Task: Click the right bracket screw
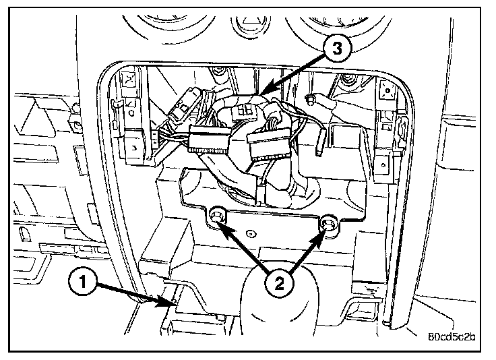[x=328, y=223]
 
